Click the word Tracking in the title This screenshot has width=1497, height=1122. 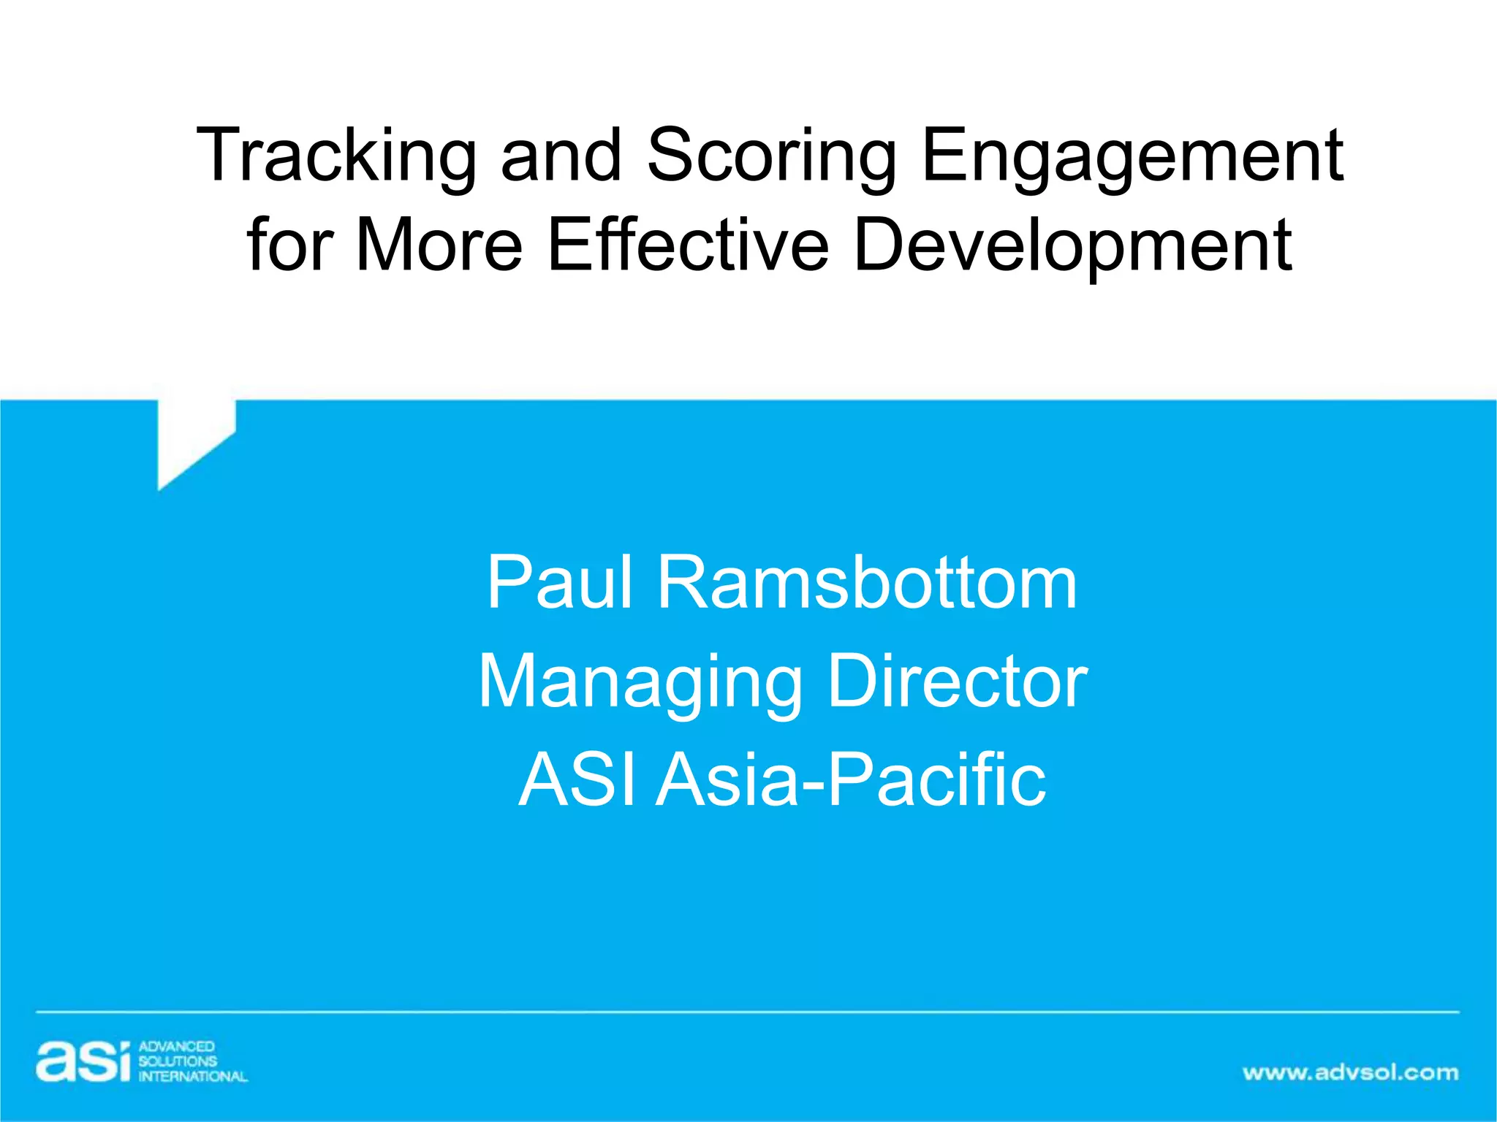pyautogui.click(x=336, y=155)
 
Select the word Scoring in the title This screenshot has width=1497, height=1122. pyautogui.click(x=772, y=155)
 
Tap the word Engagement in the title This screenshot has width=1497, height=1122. pyautogui.click(x=1132, y=155)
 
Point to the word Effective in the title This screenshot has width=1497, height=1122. pyautogui.click(x=689, y=244)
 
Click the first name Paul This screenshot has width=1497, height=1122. pyautogui.click(x=559, y=583)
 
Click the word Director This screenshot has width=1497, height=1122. pyautogui.click(x=958, y=681)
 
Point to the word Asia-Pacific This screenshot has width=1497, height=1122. pyautogui.click(x=851, y=780)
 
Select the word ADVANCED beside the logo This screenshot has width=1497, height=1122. pyautogui.click(x=176, y=1047)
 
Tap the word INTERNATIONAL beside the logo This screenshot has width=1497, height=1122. pyautogui.click(x=193, y=1076)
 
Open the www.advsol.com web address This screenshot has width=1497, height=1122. pyautogui.click(x=1350, y=1072)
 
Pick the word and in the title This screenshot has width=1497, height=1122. pyautogui.click(x=561, y=155)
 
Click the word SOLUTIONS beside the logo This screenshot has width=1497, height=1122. pyautogui.click(x=178, y=1061)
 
